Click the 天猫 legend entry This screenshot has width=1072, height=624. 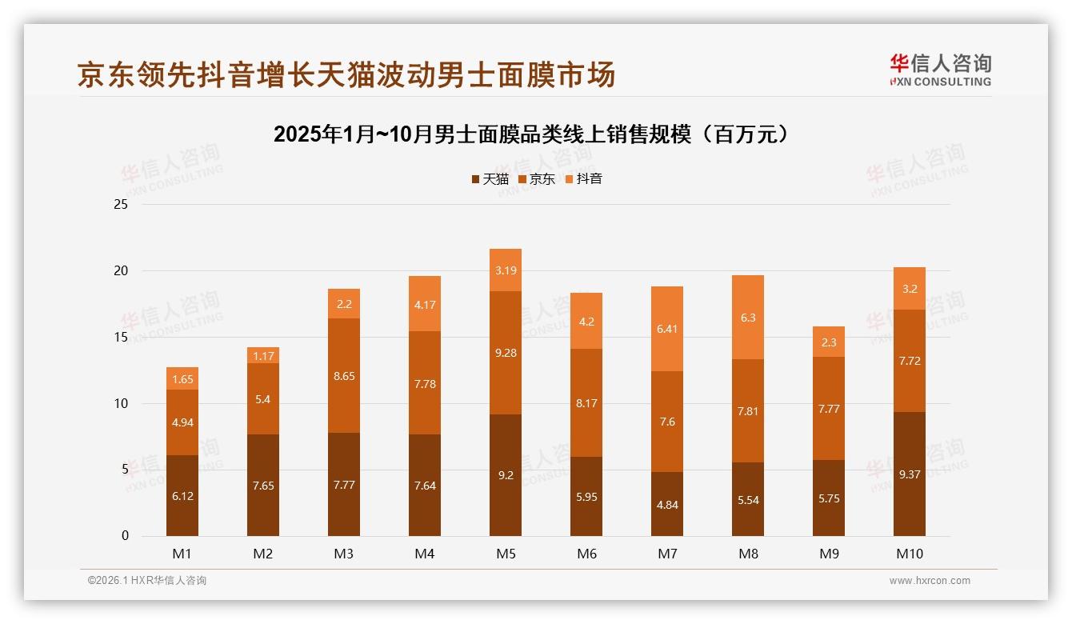(x=490, y=179)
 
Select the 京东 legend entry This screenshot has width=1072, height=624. (x=537, y=179)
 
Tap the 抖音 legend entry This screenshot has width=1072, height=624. (x=583, y=179)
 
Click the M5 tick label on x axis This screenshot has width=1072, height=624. (x=506, y=554)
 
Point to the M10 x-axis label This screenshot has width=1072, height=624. (x=910, y=554)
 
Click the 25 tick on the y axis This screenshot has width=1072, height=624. (x=121, y=205)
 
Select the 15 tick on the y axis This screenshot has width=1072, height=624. (x=121, y=337)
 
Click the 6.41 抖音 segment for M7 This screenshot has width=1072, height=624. (x=667, y=328)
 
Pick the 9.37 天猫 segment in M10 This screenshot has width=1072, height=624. (x=910, y=474)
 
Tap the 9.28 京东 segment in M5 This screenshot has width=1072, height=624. (x=506, y=353)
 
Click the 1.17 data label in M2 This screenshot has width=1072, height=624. (x=263, y=356)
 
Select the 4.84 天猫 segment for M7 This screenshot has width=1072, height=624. (x=667, y=504)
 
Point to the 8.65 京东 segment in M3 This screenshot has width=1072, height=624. (x=344, y=375)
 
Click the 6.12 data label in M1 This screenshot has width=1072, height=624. (x=182, y=496)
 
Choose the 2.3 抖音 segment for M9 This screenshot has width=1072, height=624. (x=829, y=342)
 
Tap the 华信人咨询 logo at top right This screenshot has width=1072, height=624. (x=940, y=70)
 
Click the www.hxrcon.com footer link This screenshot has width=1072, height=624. (x=930, y=581)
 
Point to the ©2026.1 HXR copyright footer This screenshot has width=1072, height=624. (x=147, y=581)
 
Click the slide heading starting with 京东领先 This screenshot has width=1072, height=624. (x=346, y=74)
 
